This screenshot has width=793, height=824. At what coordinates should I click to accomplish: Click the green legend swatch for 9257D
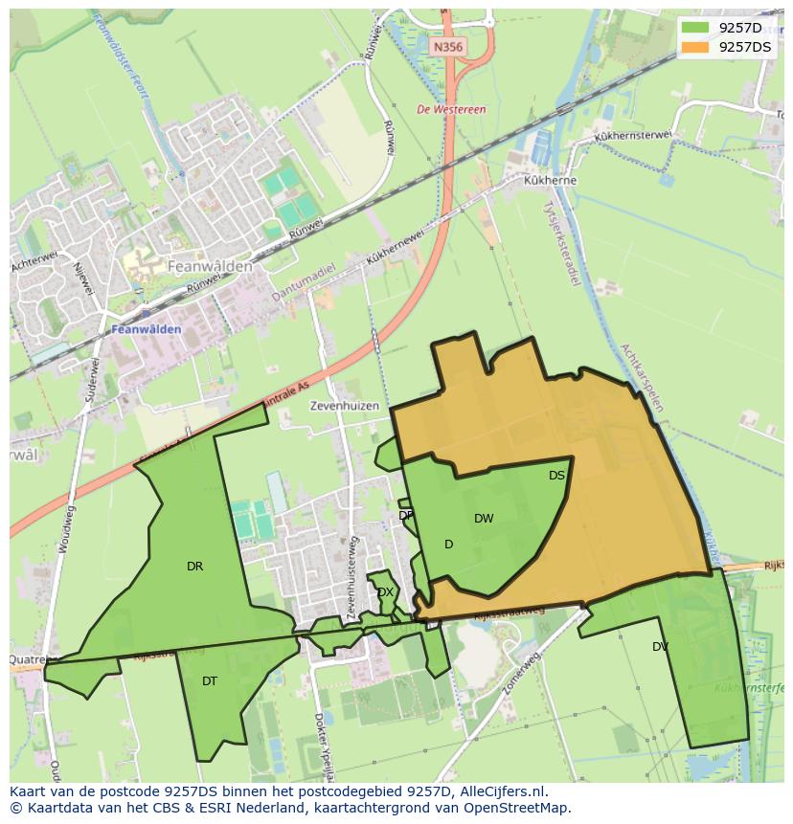[x=695, y=28]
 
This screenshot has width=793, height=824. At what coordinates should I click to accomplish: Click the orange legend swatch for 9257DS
[x=695, y=47]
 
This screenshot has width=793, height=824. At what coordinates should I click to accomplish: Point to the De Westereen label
[x=451, y=110]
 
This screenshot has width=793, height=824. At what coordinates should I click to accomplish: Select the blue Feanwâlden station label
[x=147, y=329]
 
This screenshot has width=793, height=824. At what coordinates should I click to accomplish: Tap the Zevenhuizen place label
[x=344, y=406]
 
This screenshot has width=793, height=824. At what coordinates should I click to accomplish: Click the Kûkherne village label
[x=550, y=180]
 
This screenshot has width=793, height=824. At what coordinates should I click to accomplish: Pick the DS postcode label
[x=556, y=475]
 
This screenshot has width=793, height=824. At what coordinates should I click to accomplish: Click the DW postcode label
[x=484, y=519]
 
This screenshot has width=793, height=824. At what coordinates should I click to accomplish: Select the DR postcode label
[x=194, y=567]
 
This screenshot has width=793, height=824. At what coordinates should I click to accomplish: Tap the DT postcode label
[x=210, y=681]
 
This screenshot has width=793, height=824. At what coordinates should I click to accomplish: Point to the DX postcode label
[x=385, y=592]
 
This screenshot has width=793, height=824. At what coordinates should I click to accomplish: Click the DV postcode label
[x=660, y=647]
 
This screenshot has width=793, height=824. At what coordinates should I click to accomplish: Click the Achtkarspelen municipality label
[x=641, y=378]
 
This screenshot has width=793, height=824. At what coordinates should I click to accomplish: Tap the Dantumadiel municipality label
[x=303, y=282]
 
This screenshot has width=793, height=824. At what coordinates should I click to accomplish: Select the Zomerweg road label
[x=522, y=669]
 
